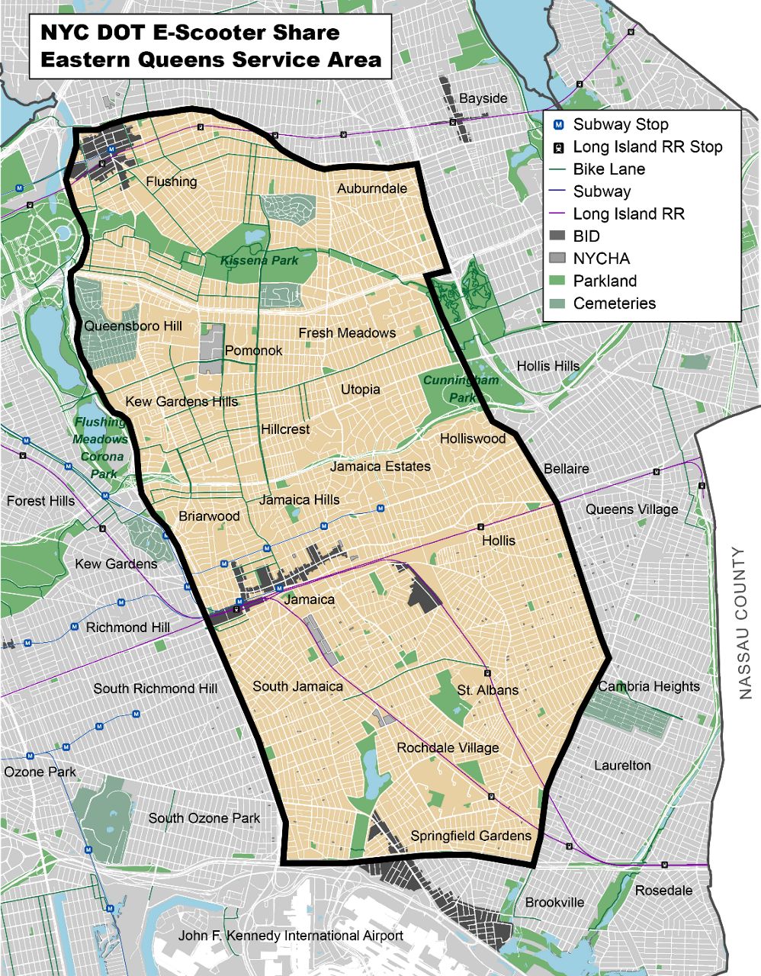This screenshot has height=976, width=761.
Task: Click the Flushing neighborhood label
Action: click(x=172, y=181)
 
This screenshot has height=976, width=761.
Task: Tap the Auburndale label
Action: click(x=372, y=188)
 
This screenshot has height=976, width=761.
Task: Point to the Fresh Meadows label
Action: click(x=347, y=332)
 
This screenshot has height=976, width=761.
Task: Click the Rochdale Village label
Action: click(x=448, y=748)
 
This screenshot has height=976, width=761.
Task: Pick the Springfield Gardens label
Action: click(x=470, y=836)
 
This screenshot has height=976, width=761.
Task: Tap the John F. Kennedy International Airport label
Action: click(x=291, y=936)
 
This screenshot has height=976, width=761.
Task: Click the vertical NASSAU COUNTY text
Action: click(x=745, y=623)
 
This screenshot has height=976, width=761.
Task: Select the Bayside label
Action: click(x=483, y=98)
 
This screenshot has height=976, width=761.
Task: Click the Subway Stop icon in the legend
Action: click(x=559, y=125)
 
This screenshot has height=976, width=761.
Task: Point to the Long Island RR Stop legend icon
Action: click(x=559, y=147)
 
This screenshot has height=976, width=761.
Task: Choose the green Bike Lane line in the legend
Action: click(x=559, y=169)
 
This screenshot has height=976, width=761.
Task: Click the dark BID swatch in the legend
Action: click(x=559, y=236)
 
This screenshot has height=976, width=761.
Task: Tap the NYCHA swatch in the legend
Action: click(x=559, y=258)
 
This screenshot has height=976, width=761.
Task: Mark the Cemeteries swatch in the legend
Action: click(x=559, y=303)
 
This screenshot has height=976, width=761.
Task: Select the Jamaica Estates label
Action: click(x=380, y=466)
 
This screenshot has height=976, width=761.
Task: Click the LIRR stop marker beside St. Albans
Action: click(x=486, y=673)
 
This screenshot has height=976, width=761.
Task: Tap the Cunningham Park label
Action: click(x=461, y=389)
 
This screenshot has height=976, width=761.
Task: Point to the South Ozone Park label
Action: click(x=204, y=818)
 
